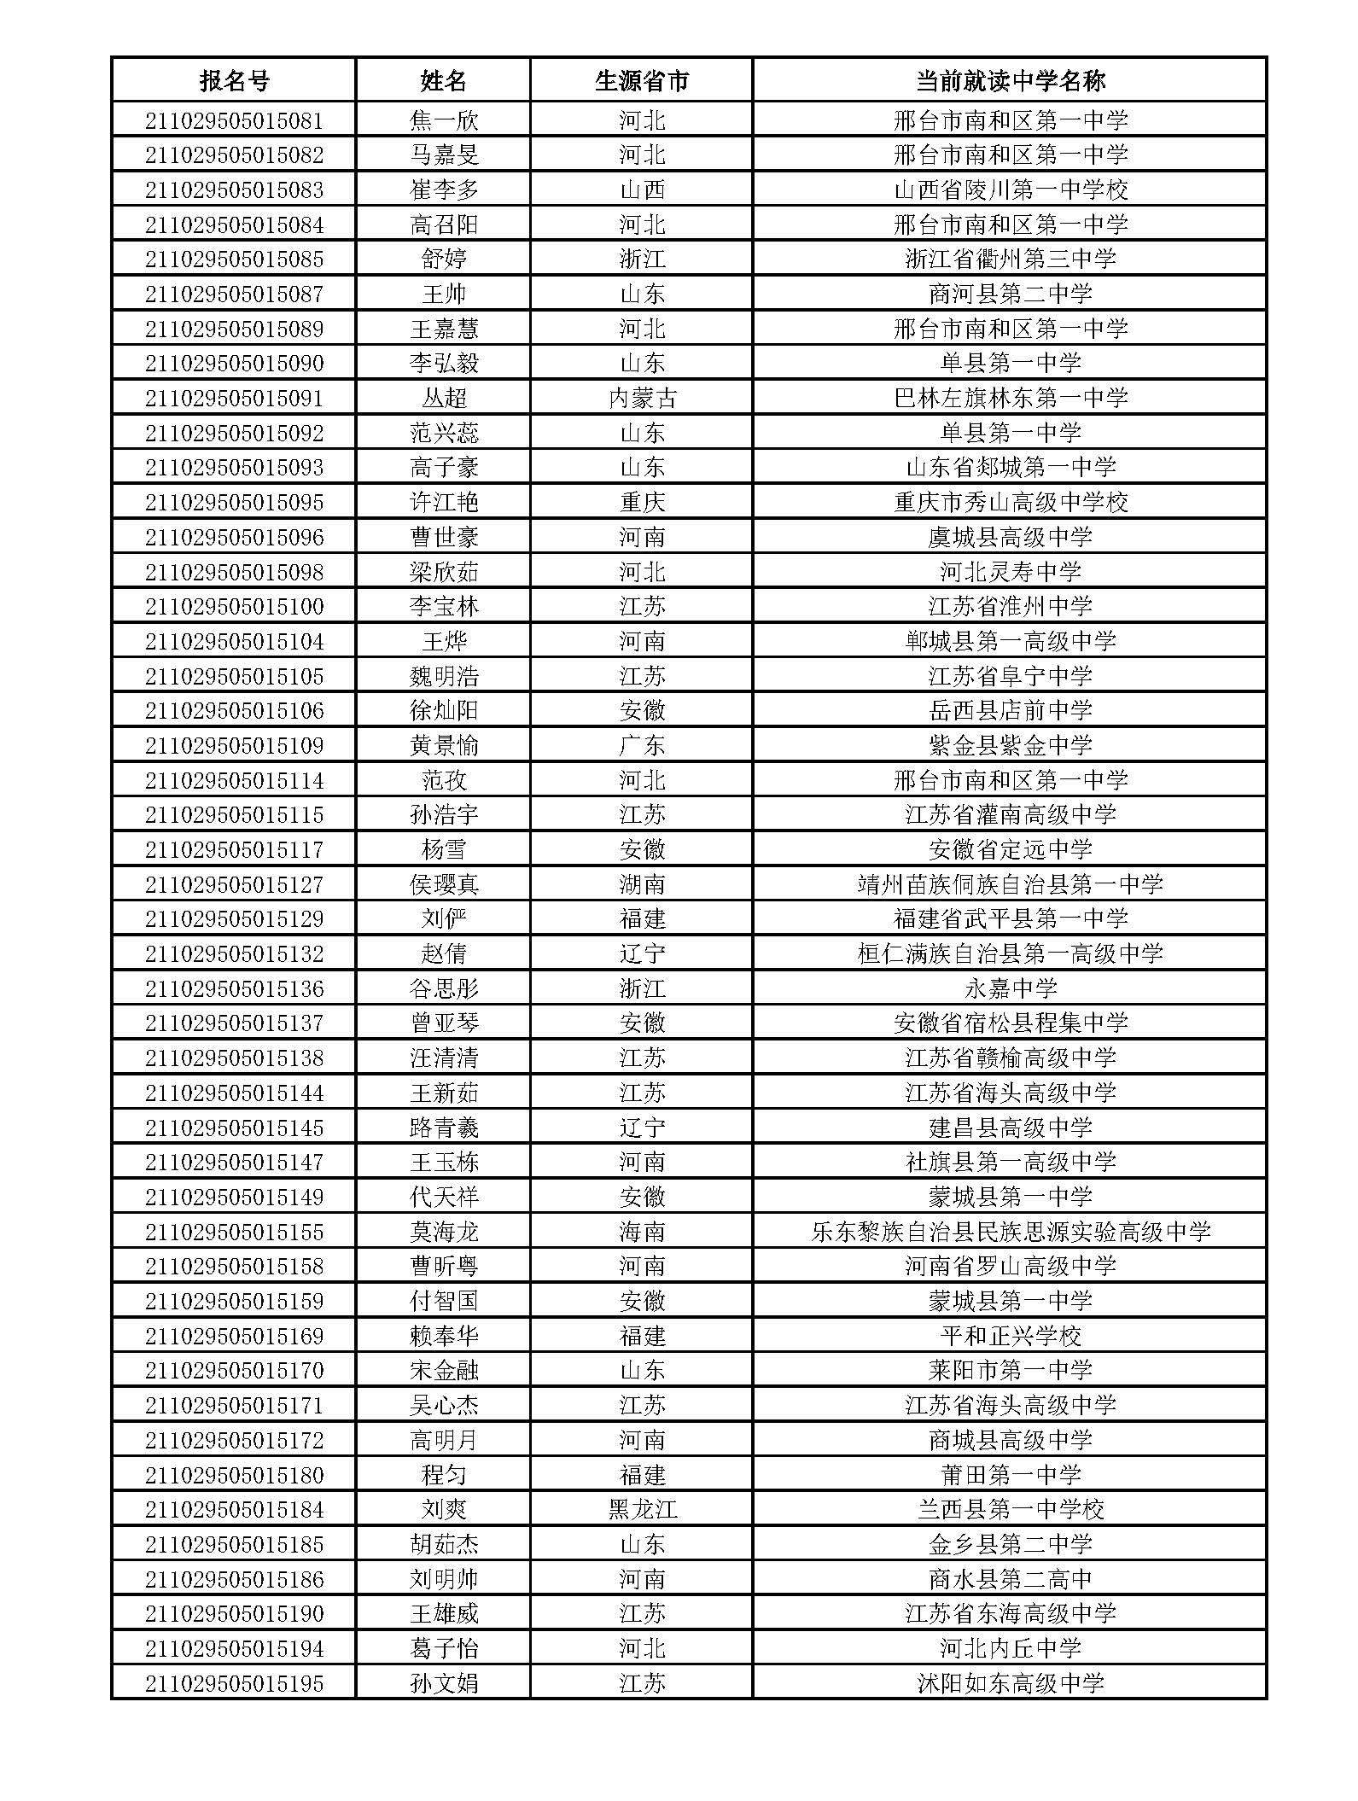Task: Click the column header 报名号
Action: point(234,81)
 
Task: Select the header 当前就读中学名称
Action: point(1010,81)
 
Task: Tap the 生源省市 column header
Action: point(641,81)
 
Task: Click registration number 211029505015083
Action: point(234,189)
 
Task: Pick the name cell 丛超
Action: point(444,398)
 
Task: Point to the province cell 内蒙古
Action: point(642,398)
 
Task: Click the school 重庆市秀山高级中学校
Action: point(1011,502)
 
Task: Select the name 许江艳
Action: point(444,502)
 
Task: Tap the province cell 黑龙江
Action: point(642,1509)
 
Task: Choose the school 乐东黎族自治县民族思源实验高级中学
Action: point(1011,1232)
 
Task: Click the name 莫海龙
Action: point(444,1232)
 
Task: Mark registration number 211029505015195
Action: point(234,1683)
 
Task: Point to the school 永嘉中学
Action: point(1011,988)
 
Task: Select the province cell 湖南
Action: point(642,884)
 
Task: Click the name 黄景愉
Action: point(444,745)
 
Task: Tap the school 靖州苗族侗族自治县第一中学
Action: point(1011,884)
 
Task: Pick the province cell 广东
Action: point(642,745)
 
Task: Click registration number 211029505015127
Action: point(234,884)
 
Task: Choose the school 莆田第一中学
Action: point(1011,1475)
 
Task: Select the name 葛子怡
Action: point(444,1648)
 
